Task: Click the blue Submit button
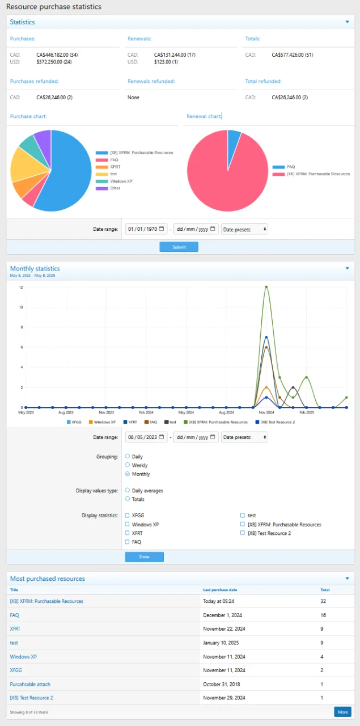pyautogui.click(x=179, y=247)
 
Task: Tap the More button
pyautogui.click(x=342, y=712)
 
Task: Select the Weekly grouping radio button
pyautogui.click(x=128, y=465)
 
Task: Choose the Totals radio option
pyautogui.click(x=128, y=499)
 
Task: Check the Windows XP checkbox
pyautogui.click(x=128, y=525)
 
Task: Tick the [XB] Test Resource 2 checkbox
pyautogui.click(x=243, y=533)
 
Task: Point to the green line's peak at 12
pyautogui.click(x=266, y=287)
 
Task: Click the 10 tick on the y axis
pyautogui.click(x=21, y=307)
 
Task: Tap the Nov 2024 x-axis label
pyautogui.click(x=266, y=413)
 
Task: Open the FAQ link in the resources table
pyautogui.click(x=15, y=615)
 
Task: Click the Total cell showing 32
pyautogui.click(x=324, y=601)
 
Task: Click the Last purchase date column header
pyautogui.click(x=219, y=590)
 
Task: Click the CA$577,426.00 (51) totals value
pyautogui.click(x=293, y=55)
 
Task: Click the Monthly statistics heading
pyautogui.click(x=35, y=268)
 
